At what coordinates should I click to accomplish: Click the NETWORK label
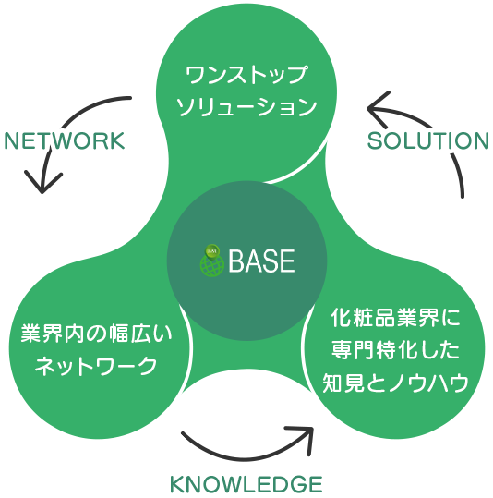(x=65, y=141)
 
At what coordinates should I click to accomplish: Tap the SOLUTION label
(x=428, y=141)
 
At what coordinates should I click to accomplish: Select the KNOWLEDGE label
(x=246, y=485)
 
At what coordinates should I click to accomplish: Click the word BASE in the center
(x=262, y=261)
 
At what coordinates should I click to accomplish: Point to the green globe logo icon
(x=212, y=261)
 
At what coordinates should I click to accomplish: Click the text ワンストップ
(x=246, y=75)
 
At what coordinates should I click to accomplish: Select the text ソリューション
(x=246, y=107)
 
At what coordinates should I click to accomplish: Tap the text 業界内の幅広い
(x=97, y=334)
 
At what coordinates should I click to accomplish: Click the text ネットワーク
(x=96, y=366)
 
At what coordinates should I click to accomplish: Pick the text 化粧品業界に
(x=395, y=318)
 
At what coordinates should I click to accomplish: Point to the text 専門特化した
(x=395, y=350)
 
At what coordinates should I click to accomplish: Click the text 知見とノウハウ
(x=395, y=383)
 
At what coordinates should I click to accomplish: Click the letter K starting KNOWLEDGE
(x=177, y=485)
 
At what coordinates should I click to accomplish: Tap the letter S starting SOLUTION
(x=374, y=141)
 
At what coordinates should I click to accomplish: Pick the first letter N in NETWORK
(x=12, y=141)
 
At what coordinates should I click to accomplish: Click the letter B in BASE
(x=236, y=261)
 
